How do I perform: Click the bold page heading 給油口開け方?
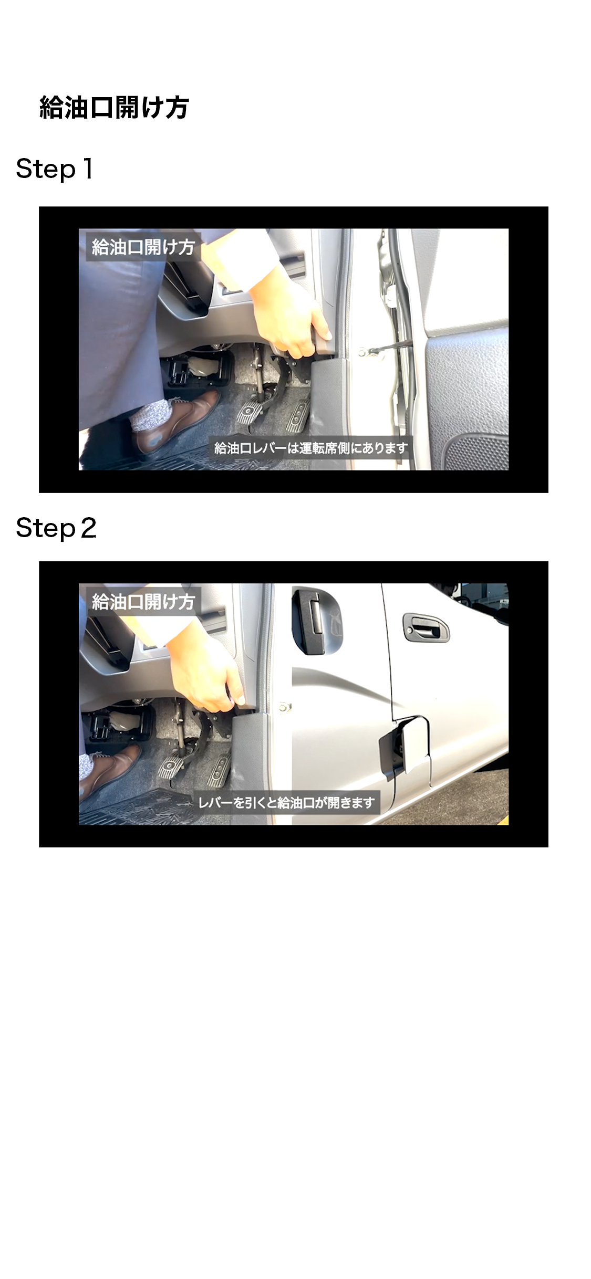click(114, 108)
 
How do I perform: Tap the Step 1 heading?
click(55, 169)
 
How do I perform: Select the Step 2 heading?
click(56, 528)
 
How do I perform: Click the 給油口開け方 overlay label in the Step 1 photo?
click(143, 247)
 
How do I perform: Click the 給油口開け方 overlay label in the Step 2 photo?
click(143, 601)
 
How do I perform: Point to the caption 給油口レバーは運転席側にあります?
click(311, 448)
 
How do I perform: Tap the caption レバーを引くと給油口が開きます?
click(286, 802)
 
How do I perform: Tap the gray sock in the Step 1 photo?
click(151, 415)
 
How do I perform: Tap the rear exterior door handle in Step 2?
click(426, 626)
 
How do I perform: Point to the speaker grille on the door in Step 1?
click(475, 452)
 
